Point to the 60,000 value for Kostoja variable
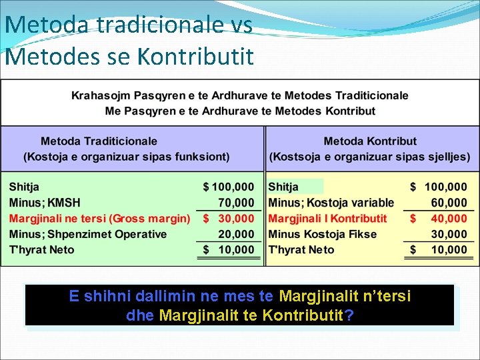pos(448,203)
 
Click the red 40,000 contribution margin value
pos(448,218)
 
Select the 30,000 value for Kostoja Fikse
pos(448,234)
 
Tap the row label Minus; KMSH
pos(45,203)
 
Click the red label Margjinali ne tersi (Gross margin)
pos(99,218)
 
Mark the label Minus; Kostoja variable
pos(331,203)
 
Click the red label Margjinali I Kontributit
pos(327,218)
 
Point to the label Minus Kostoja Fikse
pos(322,234)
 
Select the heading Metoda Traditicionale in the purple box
pos(99,141)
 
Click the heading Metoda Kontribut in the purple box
pos(370,141)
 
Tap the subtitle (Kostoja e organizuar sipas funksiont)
pos(126,157)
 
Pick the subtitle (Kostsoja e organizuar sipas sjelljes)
pos(370,157)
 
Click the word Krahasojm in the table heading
pos(103,96)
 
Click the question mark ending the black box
pos(349,315)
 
